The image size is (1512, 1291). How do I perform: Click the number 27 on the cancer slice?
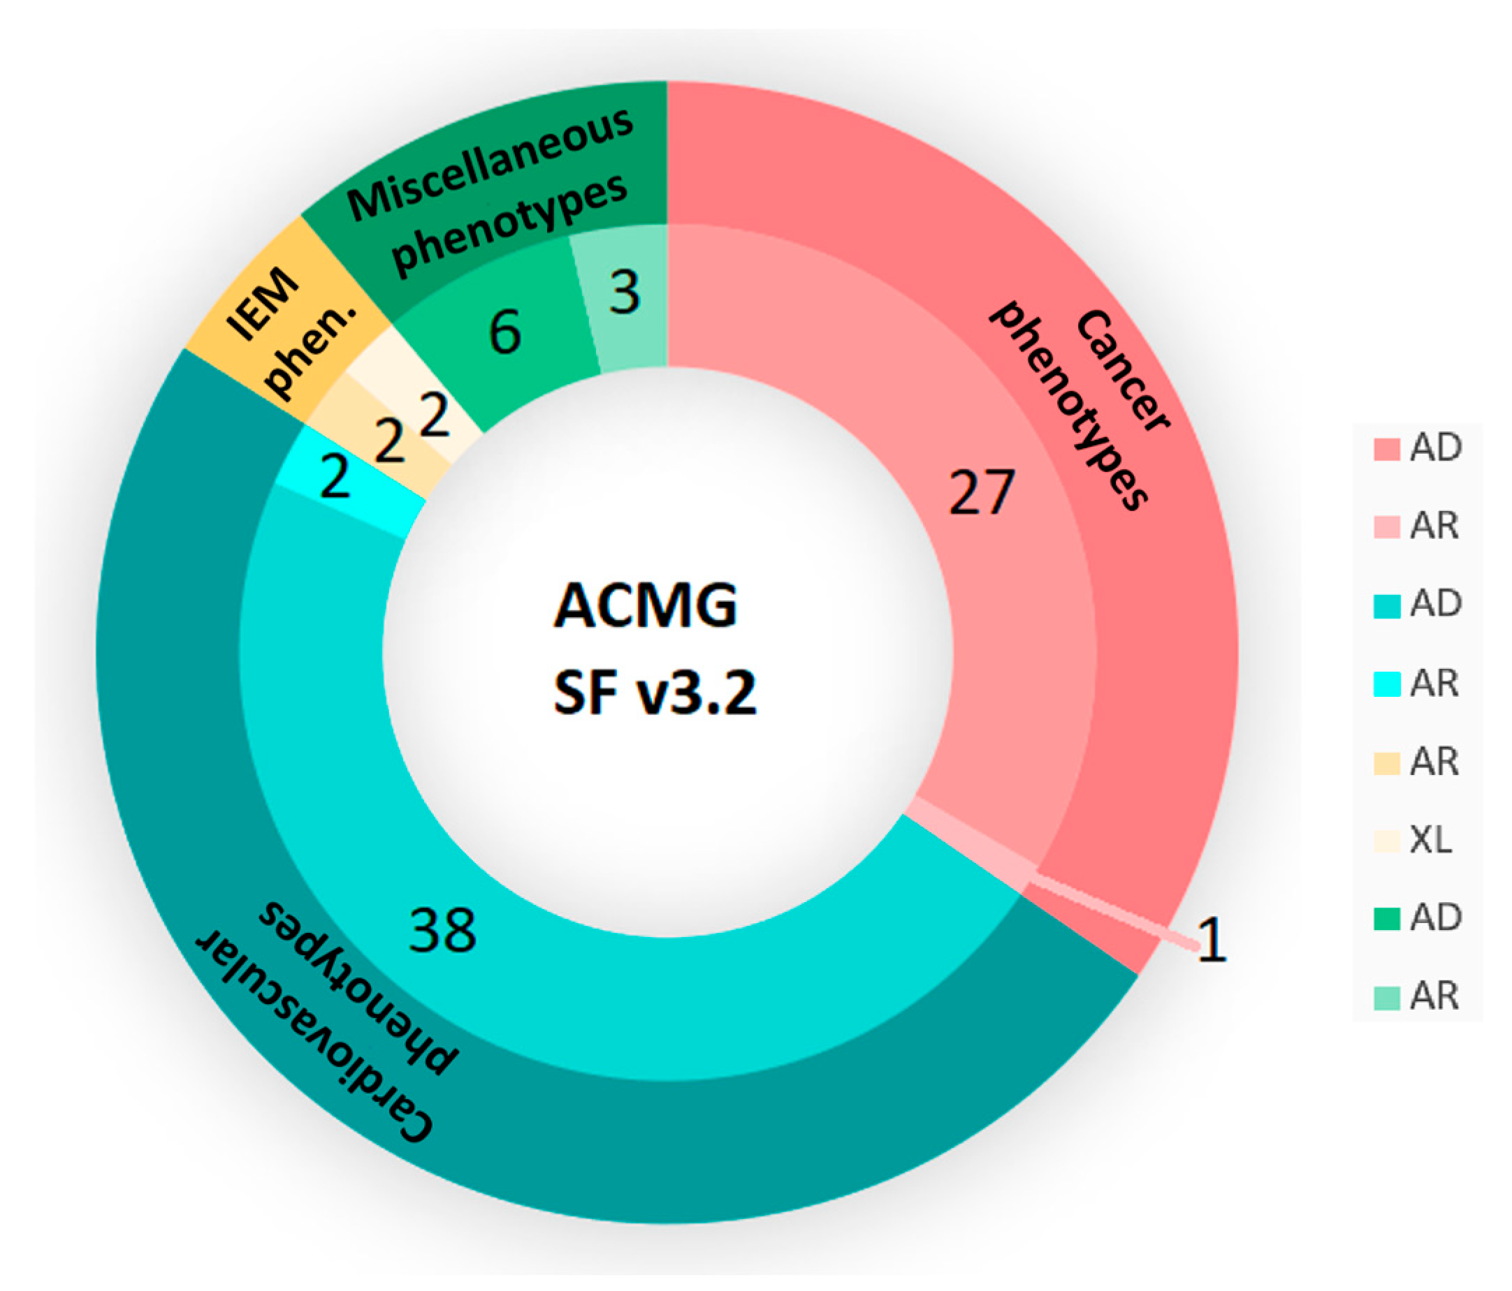(981, 493)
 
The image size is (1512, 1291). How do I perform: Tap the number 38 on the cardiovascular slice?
(442, 930)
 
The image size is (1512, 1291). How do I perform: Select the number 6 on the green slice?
(505, 332)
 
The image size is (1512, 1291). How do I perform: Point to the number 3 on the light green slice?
(625, 293)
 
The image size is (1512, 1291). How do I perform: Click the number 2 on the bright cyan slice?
(335, 478)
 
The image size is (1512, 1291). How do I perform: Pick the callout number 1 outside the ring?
(1212, 941)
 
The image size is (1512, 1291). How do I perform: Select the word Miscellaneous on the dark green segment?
(490, 165)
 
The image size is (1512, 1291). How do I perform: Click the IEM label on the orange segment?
(263, 306)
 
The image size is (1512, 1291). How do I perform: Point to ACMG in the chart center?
(646, 606)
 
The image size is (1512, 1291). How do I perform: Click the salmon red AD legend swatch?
(1386, 449)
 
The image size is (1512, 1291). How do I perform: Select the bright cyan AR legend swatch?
(1386, 684)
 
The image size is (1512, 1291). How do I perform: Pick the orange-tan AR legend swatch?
(1386, 763)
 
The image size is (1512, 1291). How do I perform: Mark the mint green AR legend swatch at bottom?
(1386, 998)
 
